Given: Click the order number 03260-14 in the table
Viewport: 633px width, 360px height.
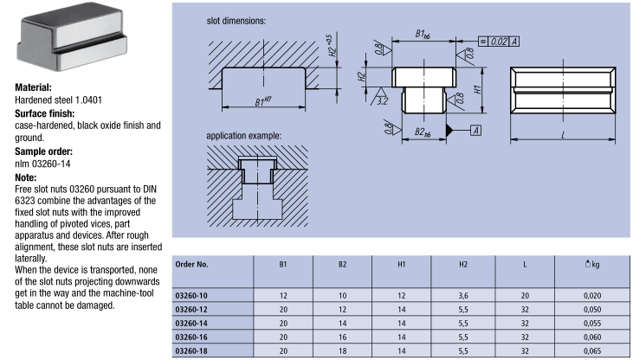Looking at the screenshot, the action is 191,324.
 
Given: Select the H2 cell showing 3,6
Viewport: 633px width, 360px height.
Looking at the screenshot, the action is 463,296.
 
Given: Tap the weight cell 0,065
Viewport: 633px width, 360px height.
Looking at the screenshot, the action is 592,351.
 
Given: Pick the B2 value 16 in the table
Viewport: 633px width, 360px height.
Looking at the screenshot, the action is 342,337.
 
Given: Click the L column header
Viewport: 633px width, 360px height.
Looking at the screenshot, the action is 525,265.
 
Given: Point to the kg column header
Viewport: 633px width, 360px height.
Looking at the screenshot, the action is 592,264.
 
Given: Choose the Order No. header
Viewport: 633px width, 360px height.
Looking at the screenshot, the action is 191,264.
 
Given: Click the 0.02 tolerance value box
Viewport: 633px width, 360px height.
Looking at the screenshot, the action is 499,42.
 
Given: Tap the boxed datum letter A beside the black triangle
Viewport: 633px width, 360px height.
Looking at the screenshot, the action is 476,131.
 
